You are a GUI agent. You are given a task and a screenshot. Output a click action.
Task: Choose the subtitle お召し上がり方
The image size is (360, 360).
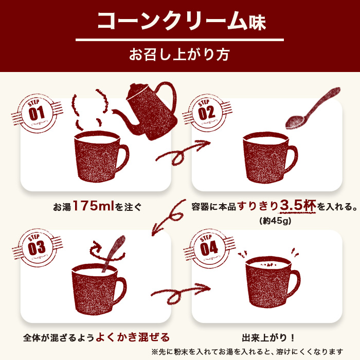tap(179, 54)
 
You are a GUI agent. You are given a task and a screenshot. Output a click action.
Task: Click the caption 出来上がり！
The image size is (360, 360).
tap(268, 338)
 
